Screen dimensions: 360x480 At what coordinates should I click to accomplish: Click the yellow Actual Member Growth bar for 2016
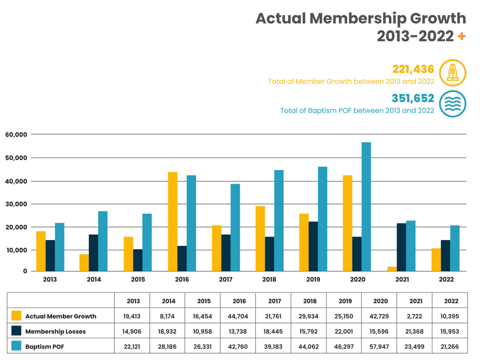pos(173,222)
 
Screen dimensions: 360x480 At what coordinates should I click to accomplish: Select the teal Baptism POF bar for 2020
pos(366,207)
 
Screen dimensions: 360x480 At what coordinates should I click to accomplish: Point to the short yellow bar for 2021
pos(392,269)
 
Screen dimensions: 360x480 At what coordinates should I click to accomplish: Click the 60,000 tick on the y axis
pos(16,135)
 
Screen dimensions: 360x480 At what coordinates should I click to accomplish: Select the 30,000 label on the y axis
pos(16,204)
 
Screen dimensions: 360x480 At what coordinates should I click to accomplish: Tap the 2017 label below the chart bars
pos(226,279)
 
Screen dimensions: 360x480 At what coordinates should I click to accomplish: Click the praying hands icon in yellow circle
pos(452,73)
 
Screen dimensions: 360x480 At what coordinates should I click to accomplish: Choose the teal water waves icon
pos(452,104)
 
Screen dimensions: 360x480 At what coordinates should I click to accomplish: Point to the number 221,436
pos(413,69)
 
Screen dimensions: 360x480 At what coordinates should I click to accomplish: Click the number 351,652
pos(413,98)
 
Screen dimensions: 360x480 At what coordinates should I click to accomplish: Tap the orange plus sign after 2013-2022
pos(461,37)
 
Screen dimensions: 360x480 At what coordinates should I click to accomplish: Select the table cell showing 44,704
pos(238,316)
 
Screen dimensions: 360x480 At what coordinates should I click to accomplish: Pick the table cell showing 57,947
pos(380,346)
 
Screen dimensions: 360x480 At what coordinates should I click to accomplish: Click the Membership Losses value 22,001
pos(345,331)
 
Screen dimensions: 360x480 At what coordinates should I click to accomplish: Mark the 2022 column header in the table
pos(450,301)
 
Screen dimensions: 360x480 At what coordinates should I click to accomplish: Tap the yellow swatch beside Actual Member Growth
pos(16,316)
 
